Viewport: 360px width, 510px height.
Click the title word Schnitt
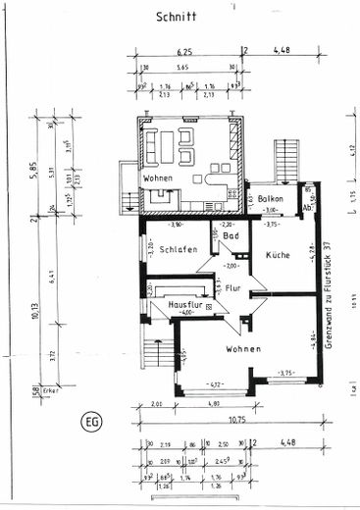coord(177,17)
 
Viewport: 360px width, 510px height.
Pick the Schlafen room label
coord(180,249)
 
